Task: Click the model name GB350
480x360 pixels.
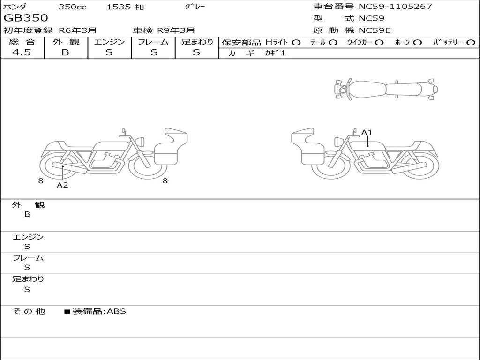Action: click(26, 18)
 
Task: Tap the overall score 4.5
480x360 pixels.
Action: click(22, 52)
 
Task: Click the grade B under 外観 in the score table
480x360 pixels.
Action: click(65, 52)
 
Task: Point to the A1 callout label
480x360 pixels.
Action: click(367, 132)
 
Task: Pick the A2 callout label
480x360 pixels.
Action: click(62, 185)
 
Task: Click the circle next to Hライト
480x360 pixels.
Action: click(296, 43)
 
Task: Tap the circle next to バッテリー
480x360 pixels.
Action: click(471, 43)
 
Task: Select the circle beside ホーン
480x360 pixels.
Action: click(417, 43)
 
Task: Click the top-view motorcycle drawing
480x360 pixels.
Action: click(386, 89)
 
